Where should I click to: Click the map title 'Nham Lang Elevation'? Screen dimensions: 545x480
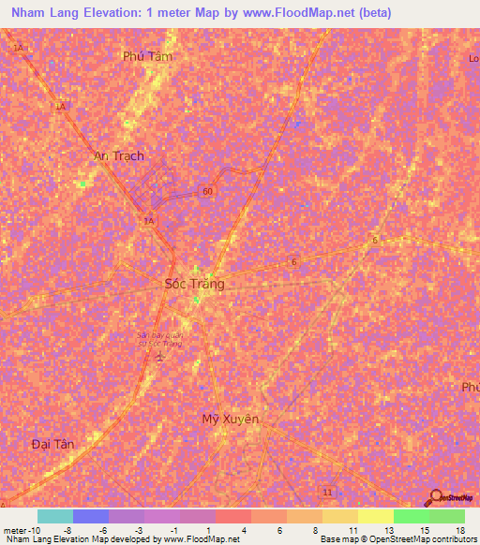tap(71, 13)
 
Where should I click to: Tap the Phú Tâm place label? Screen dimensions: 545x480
tap(148, 56)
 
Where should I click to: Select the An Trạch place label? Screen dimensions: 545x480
tap(119, 155)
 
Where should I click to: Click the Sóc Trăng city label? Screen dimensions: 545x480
tap(194, 283)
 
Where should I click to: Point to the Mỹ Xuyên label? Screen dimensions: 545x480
tap(231, 419)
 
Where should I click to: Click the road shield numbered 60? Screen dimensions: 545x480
tap(204, 191)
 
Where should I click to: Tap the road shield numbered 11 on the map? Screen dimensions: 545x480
tap(327, 492)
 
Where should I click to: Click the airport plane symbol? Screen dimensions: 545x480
tap(160, 358)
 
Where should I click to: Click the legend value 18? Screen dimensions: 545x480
tap(459, 529)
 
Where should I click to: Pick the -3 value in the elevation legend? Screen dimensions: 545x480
tap(138, 529)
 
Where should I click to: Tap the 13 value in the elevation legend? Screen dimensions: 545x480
tap(388, 529)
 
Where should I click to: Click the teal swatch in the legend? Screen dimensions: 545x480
tap(55, 516)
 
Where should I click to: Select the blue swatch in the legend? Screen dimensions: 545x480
tap(91, 516)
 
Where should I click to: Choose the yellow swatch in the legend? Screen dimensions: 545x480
tap(375, 516)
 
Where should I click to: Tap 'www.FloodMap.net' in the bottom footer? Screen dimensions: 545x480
tap(201, 539)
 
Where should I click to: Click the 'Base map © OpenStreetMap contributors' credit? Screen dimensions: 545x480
tap(397, 539)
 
